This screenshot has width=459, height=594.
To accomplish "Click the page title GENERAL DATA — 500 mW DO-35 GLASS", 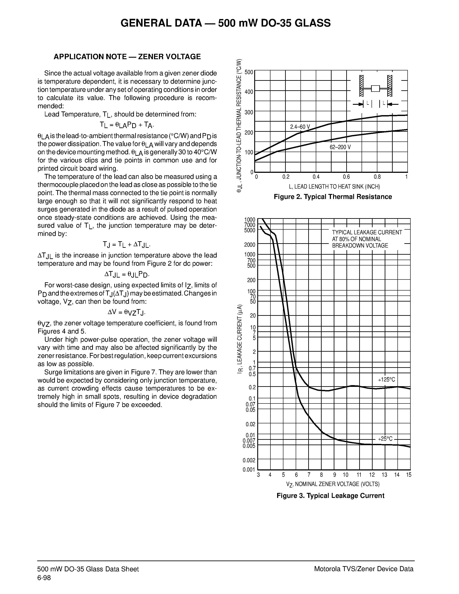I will (x=226, y=23).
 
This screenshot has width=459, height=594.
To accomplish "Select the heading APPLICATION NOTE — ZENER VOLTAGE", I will (x=127, y=57).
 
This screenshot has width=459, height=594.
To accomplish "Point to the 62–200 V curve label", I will (x=340, y=147).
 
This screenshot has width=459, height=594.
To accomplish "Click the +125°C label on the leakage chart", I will (x=386, y=380).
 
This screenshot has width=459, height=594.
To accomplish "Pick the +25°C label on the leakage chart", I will (x=385, y=438).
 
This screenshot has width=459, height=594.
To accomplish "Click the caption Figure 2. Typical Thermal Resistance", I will (x=333, y=197).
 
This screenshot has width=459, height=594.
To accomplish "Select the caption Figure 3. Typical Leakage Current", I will (x=330, y=496).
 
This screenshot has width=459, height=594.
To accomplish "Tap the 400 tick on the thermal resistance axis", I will (x=249, y=92).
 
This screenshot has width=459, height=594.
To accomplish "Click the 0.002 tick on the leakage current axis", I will (x=249, y=460).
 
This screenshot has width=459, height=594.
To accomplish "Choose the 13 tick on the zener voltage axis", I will (x=384, y=475).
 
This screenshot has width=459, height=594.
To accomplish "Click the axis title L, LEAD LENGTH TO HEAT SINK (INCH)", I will (x=334, y=187).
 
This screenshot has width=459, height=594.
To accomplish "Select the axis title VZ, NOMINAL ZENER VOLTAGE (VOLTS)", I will (x=333, y=484).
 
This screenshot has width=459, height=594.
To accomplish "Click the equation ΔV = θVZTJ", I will (x=127, y=312).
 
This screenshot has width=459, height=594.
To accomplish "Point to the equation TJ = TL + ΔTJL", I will (x=127, y=245).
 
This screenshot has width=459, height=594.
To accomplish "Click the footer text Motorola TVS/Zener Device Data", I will (x=364, y=569).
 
